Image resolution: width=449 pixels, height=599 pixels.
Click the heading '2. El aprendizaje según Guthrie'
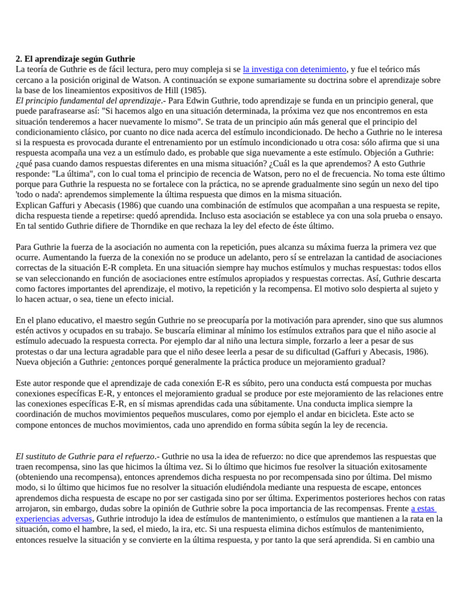(75, 59)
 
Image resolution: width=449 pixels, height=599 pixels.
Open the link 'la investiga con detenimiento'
(294, 69)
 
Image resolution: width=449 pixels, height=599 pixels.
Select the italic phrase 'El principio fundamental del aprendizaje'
(88, 101)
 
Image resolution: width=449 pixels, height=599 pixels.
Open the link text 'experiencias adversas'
(54, 518)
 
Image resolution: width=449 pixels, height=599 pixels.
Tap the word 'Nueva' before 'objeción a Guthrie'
(28, 362)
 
